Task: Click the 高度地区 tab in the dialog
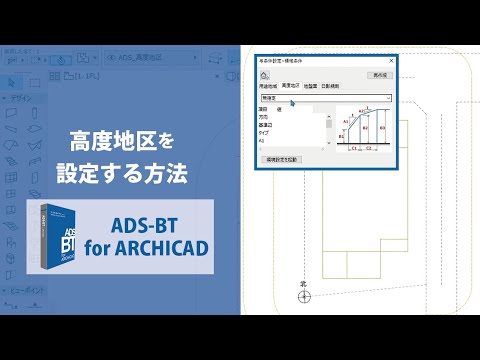[291, 87]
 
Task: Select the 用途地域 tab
[268, 87]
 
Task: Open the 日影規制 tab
[331, 87]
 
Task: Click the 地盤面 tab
[311, 87]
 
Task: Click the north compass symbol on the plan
[306, 295]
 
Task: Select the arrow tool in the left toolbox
[10, 82]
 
